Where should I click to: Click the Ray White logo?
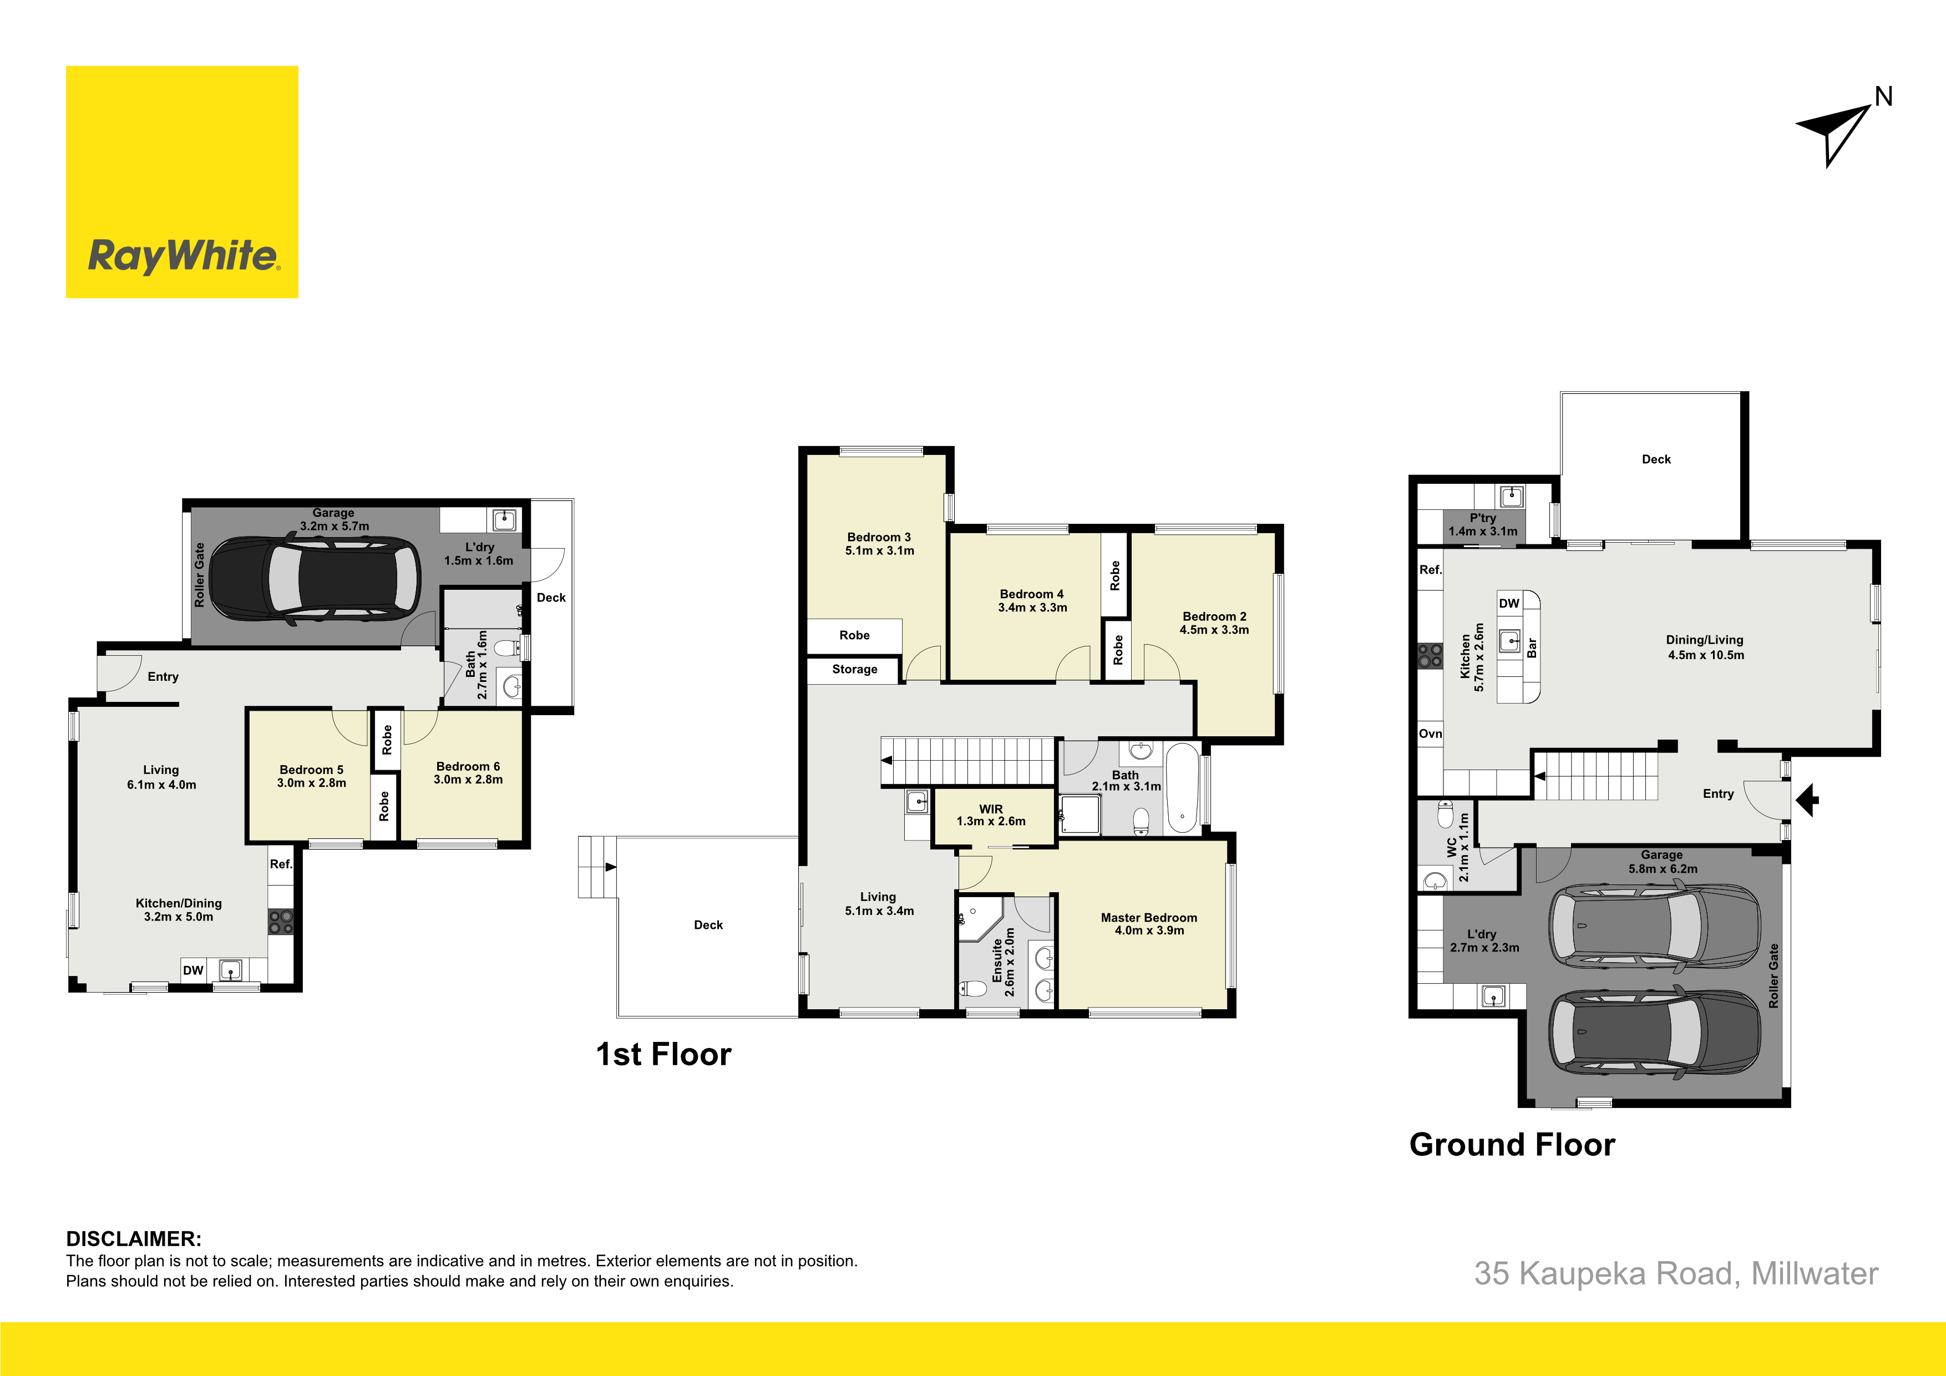coord(182,183)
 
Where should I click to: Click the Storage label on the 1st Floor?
coord(854,669)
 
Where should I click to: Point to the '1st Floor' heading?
coord(663,1054)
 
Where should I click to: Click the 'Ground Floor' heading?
coord(1512,1145)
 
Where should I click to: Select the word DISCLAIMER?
coord(134,1238)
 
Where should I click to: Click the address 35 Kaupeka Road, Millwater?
coord(1676,1273)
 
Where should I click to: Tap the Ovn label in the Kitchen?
coord(1431,733)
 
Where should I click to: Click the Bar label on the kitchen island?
coord(1532,647)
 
